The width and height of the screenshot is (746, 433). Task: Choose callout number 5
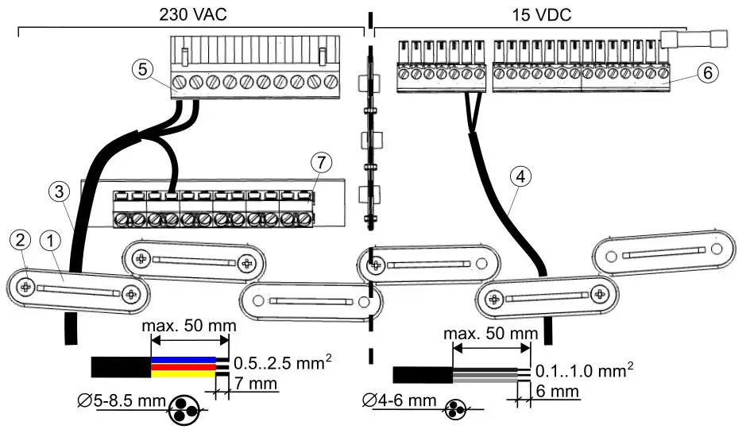143,70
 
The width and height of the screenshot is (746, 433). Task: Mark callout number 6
707,71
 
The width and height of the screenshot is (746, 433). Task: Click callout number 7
319,162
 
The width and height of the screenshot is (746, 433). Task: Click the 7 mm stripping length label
255,385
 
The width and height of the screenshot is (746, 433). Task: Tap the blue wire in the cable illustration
184,360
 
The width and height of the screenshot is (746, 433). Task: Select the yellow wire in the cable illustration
184,366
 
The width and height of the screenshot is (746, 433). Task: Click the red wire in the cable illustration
184,373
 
